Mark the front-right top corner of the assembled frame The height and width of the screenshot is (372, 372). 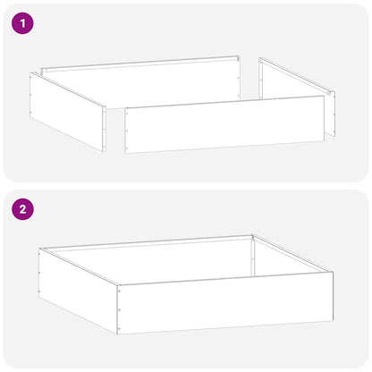click(x=333, y=273)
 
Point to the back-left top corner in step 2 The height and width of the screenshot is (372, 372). click(x=39, y=249)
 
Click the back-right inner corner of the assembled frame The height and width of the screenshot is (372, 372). click(x=253, y=237)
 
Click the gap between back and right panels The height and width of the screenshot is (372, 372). click(x=249, y=71)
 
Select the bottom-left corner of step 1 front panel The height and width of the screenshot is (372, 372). click(x=125, y=152)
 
